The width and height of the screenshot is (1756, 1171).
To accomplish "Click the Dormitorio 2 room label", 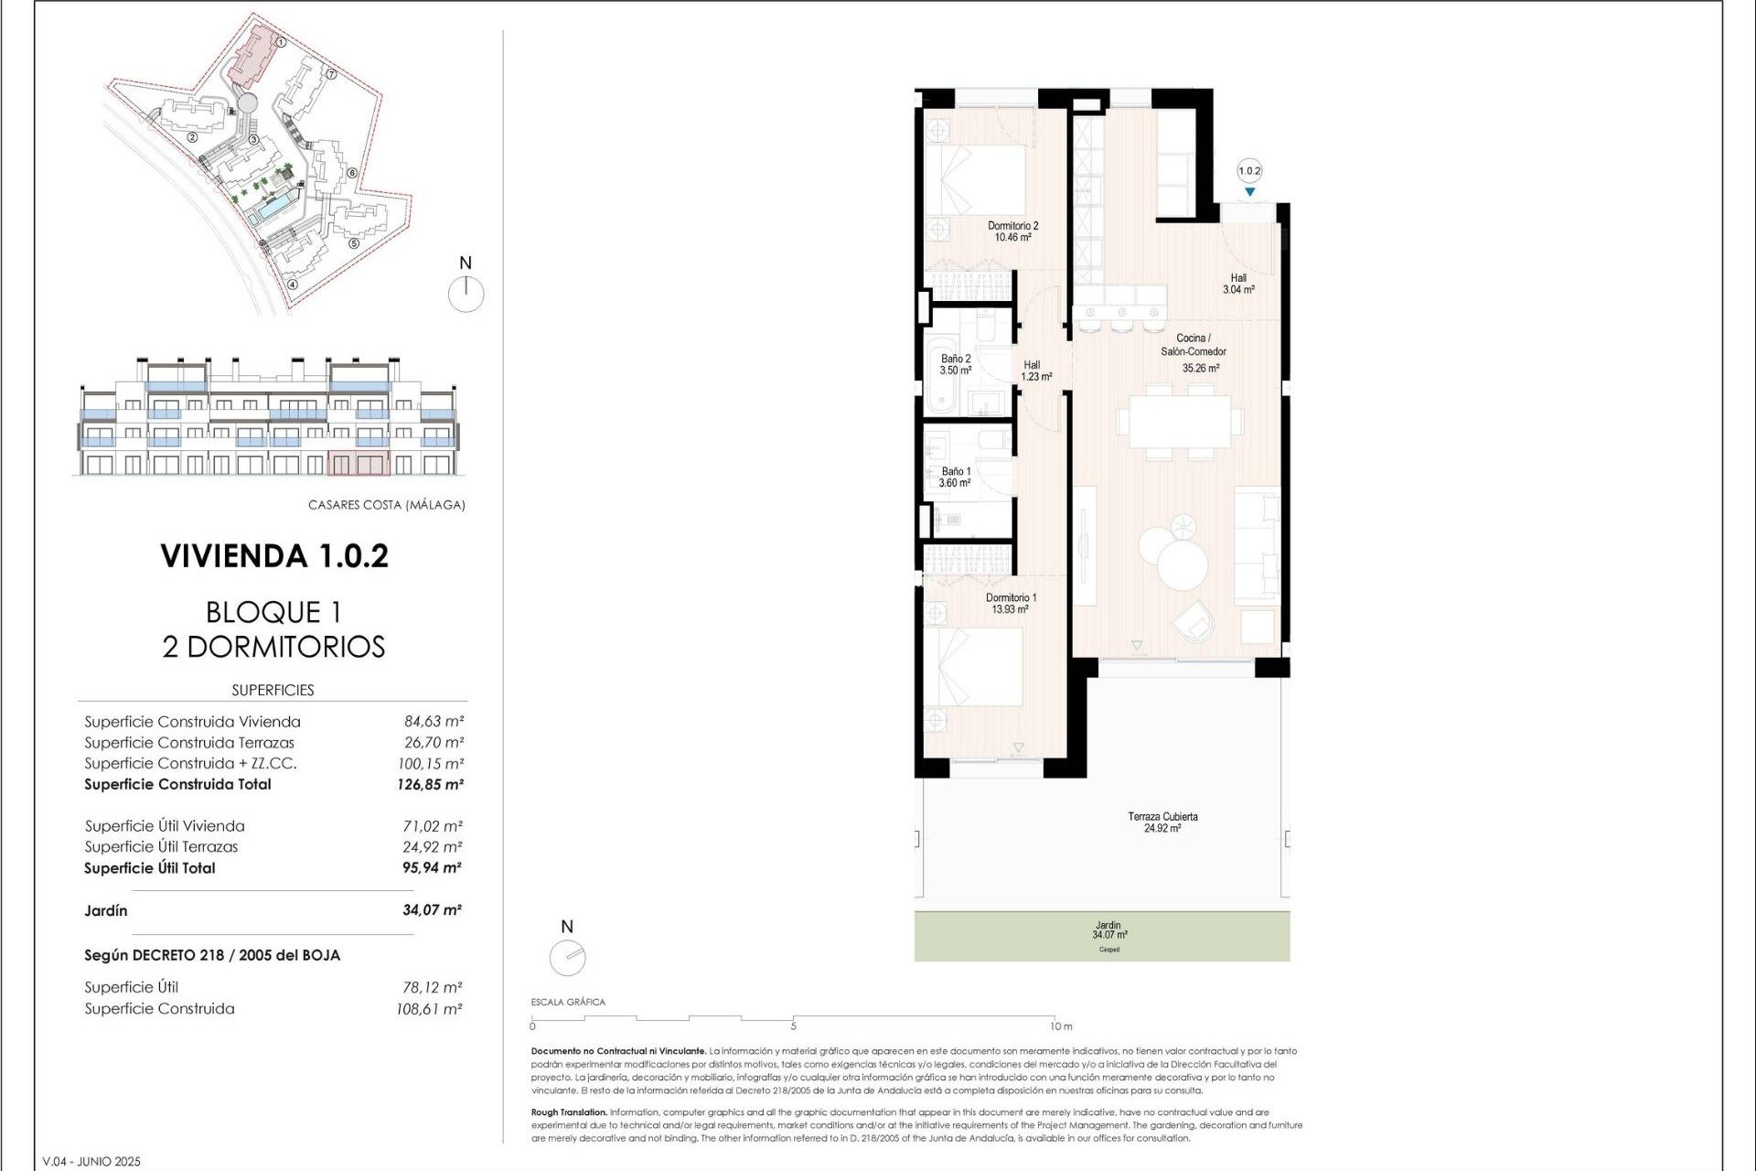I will [1012, 225].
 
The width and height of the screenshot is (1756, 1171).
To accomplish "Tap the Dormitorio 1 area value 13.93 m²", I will [1010, 609].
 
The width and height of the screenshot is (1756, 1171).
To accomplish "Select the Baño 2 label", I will [956, 359].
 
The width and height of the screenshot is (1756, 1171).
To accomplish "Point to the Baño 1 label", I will [956, 471].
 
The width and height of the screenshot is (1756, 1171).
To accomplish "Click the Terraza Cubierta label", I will [1162, 816].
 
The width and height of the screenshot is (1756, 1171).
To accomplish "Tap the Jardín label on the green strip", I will [1108, 925].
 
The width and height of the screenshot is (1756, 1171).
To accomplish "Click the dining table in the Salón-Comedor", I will [1179, 421].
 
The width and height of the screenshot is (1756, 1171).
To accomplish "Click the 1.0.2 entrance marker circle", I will [1249, 171].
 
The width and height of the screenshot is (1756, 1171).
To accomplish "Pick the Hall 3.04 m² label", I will [1238, 284].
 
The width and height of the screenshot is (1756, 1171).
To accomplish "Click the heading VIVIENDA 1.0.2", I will [274, 555].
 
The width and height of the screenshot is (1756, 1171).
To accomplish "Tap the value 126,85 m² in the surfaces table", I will [431, 784].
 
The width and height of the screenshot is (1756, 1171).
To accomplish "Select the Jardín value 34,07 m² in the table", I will [432, 910].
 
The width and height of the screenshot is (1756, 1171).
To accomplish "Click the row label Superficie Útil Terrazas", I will [162, 847].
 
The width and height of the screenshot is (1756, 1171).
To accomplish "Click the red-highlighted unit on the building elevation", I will [359, 464].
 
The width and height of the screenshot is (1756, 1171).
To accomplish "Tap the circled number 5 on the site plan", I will [354, 243].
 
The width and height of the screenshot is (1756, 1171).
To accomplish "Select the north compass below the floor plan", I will [567, 958].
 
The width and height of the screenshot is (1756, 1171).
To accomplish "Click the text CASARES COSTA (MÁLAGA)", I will [386, 505].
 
